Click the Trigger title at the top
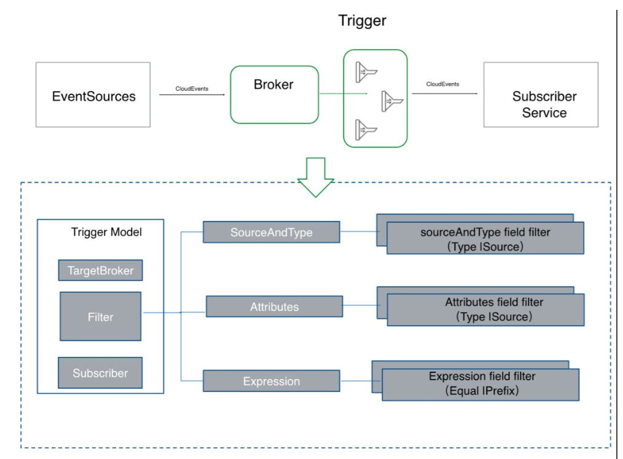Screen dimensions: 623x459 tap(362, 21)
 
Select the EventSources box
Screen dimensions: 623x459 tap(93, 95)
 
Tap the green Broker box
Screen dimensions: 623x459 tap(274, 95)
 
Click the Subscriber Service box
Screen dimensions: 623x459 tap(541, 95)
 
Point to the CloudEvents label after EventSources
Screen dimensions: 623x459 tap(192, 89)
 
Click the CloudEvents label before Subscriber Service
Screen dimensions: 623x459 tap(442, 84)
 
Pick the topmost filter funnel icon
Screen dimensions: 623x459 tap(366, 72)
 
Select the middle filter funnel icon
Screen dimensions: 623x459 tap(392, 101)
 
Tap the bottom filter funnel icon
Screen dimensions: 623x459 tap(366, 130)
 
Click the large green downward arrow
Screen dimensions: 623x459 tap(315, 177)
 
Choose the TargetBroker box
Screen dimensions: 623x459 tap(101, 271)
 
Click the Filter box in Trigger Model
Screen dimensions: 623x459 tap(101, 317)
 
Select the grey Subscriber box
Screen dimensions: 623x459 tap(100, 373)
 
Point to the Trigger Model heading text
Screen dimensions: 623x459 tap(106, 232)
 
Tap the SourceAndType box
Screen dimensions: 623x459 tap(272, 232)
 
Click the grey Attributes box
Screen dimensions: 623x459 tap(274, 306)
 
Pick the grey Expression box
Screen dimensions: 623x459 tap(272, 381)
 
